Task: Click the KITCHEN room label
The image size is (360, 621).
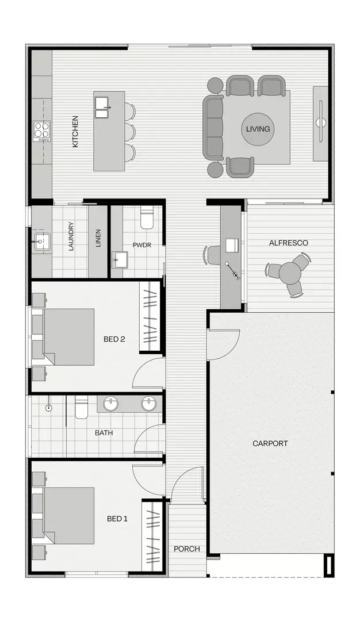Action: click(75, 132)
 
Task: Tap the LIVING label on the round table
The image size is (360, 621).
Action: click(258, 129)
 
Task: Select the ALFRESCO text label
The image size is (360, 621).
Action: click(288, 243)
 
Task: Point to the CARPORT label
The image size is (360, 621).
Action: click(270, 443)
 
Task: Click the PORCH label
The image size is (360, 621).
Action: click(187, 549)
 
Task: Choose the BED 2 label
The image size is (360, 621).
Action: click(114, 339)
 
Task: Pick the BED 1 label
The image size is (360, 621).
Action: click(117, 519)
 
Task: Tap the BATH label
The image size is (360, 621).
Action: click(104, 433)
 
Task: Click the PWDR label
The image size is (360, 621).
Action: click(141, 244)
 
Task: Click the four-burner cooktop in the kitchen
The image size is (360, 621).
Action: click(41, 131)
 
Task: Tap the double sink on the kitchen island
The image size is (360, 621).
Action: click(103, 107)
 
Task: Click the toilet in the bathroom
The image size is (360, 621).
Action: click(81, 408)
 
